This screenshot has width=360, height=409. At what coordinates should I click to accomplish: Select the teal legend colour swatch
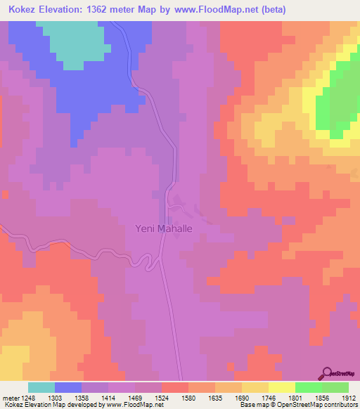click(x=41, y=387)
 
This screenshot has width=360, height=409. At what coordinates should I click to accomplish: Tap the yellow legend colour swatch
click(x=281, y=387)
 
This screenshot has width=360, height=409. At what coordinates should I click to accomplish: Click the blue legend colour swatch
click(x=68, y=387)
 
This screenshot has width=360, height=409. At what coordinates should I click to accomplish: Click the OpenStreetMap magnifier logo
click(x=328, y=373)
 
